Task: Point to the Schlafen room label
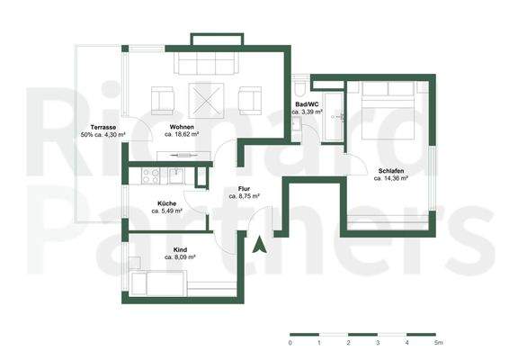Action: coord(390,169)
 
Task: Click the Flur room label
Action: coord(244,188)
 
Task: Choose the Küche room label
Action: coord(166,202)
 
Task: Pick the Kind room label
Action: coord(180,248)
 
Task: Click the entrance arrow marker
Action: coord(261,244)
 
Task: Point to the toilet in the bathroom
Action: coord(300,89)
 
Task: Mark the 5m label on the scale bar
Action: coord(438,343)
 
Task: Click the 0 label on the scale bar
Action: coord(290,343)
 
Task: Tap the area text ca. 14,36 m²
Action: coord(390,177)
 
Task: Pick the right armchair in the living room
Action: coord(249,97)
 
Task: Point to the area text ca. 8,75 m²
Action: coord(244,195)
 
